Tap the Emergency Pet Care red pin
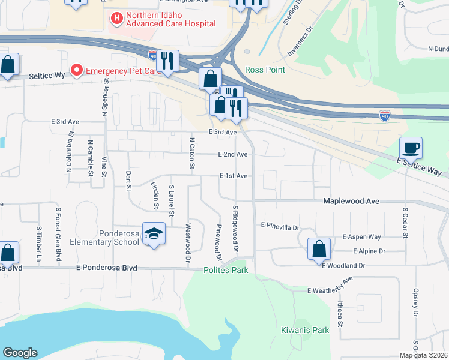coord(77,71)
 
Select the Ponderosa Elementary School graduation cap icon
coord(154,235)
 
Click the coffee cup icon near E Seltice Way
coord(411,148)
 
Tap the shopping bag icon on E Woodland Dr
coord(319,248)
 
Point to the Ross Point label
coord(265,70)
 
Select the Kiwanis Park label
coord(305,330)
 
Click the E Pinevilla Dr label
coord(280,226)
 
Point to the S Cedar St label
coord(406,223)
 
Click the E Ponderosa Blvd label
coord(107,268)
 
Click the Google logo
coord(20,353)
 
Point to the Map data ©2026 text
coord(424,355)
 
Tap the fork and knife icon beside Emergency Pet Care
coord(167,61)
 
